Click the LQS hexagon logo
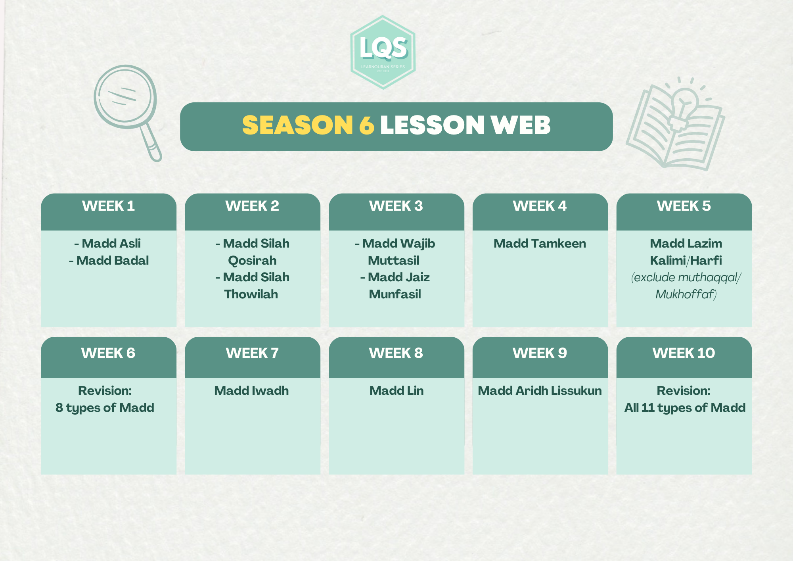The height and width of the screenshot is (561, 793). (383, 52)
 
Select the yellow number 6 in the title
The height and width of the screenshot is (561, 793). (367, 125)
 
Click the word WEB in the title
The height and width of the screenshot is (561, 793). (520, 125)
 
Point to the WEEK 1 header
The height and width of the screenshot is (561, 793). (108, 206)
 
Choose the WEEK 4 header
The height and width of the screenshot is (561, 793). (540, 206)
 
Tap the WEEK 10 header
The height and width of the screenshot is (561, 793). (684, 353)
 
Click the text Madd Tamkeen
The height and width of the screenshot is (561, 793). (540, 243)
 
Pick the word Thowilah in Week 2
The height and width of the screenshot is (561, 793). (251, 294)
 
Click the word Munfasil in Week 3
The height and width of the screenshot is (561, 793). (395, 294)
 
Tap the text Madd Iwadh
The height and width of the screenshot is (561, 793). (251, 390)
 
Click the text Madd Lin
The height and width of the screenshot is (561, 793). (396, 390)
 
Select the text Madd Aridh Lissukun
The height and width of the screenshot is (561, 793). (540, 390)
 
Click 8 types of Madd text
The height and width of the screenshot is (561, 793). (105, 408)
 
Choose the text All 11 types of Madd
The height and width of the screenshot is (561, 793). (685, 408)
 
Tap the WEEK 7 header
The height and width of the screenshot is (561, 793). (252, 353)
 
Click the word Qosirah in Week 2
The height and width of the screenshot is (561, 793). (252, 260)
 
